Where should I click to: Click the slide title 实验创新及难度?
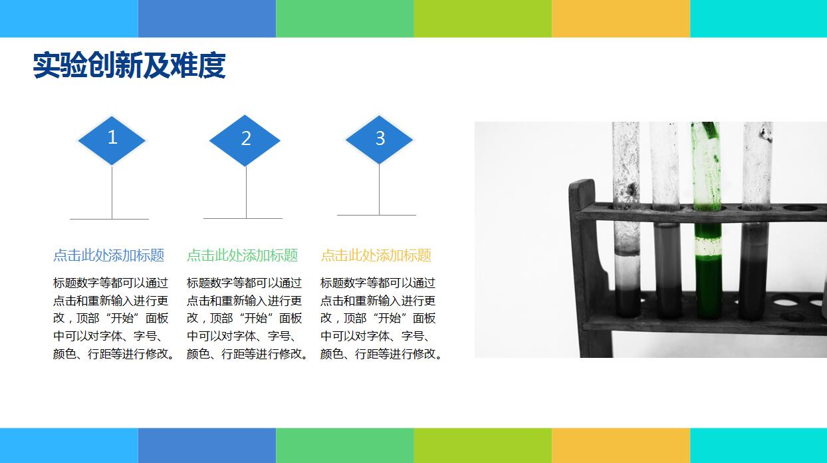click(x=130, y=66)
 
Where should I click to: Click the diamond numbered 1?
click(x=112, y=139)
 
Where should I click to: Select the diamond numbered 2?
click(x=245, y=140)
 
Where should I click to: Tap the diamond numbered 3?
click(x=380, y=138)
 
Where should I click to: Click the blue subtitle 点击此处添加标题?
click(x=109, y=255)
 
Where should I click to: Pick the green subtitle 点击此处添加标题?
click(x=243, y=255)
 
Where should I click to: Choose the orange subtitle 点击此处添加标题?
click(x=376, y=255)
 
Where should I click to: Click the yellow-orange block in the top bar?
click(x=620, y=18)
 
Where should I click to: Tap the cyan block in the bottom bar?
click(x=758, y=445)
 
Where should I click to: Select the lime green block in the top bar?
click(x=483, y=18)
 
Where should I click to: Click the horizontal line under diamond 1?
click(x=110, y=219)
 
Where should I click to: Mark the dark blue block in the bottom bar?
click(x=207, y=445)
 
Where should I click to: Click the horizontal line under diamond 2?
click(x=243, y=218)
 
